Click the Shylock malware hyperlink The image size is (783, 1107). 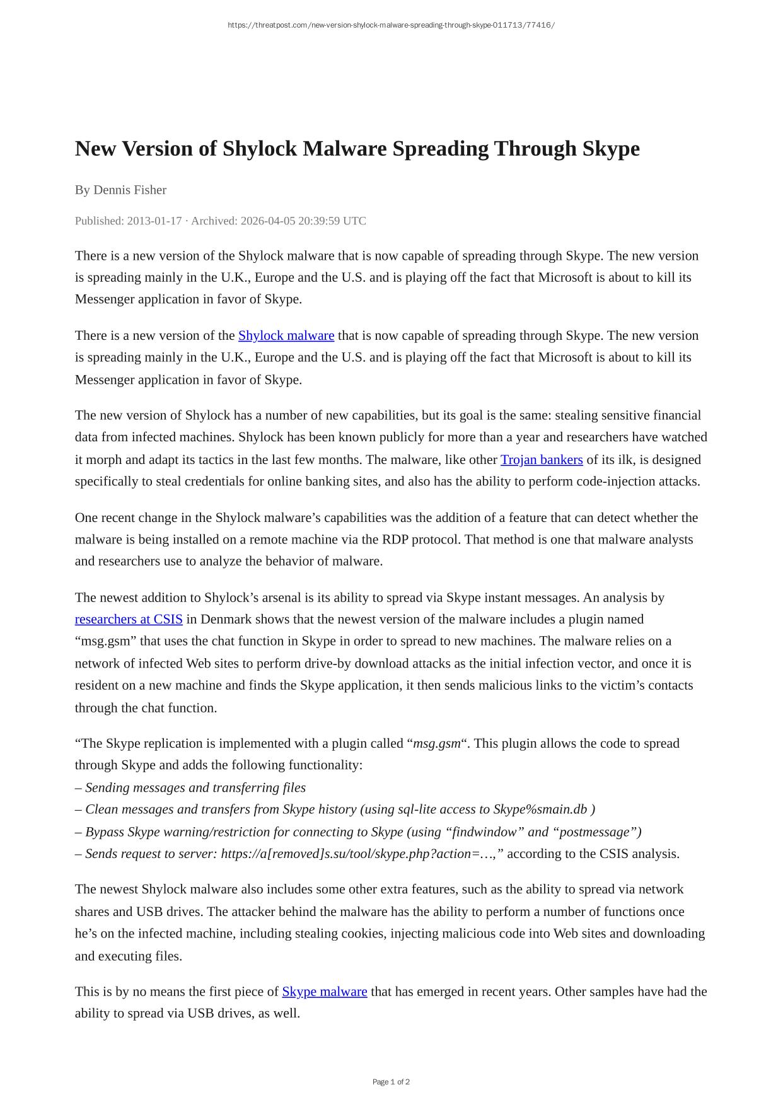tap(286, 335)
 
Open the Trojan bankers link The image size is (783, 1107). tap(542, 460)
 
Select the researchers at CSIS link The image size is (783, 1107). tap(129, 619)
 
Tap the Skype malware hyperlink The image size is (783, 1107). tap(324, 992)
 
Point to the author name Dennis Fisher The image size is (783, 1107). tap(130, 190)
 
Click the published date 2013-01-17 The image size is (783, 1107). tap(154, 221)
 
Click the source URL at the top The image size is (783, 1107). tap(391, 25)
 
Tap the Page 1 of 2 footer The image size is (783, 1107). tap(391, 1082)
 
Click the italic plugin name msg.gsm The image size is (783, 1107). tap(436, 743)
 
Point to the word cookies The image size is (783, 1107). tap(363, 934)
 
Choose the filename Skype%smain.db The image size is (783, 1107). tap(540, 809)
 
